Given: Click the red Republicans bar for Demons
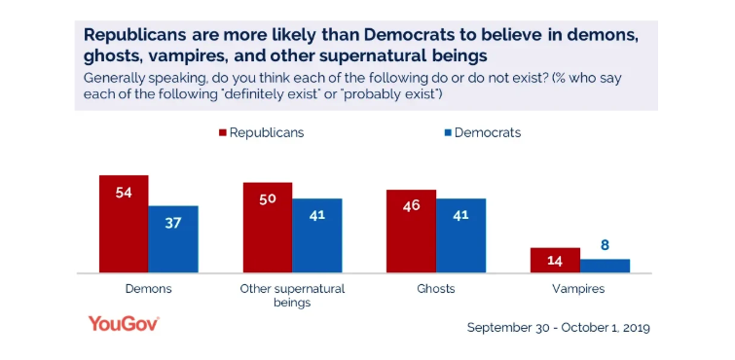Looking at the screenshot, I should coord(124,224).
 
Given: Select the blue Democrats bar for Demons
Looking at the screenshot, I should coord(172,239).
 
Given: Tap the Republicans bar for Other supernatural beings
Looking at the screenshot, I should coord(268,228).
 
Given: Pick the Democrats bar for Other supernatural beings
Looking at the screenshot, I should coord(316,235).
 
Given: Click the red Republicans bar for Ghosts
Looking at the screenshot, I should coord(411,232).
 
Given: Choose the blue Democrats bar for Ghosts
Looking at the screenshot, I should coord(460,235).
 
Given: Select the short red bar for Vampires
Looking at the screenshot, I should coord(555,261).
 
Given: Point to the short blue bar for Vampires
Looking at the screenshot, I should coord(605,266).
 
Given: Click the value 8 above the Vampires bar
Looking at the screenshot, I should coord(605,246).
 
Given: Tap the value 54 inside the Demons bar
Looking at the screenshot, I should coord(124,193).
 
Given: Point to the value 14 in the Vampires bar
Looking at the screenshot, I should coord(555,262).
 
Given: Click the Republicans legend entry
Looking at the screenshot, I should coord(261,132).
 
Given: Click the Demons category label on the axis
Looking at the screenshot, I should coord(149,289).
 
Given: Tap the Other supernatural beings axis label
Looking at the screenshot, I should coord(292,296).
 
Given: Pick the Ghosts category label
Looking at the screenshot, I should coord(435,289).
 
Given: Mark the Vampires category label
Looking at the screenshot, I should coord(579,289).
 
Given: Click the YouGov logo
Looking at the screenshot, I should coord(124,324).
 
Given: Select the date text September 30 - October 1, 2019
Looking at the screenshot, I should coord(558,327).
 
